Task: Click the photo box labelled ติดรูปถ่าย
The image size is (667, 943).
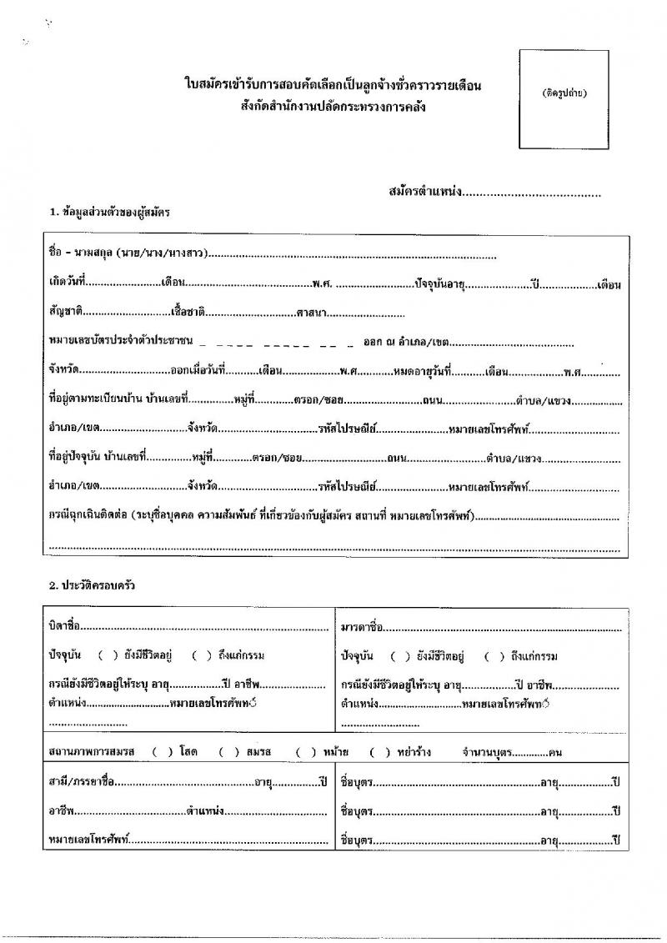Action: tap(561, 96)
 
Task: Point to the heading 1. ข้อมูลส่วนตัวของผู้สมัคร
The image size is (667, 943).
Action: tap(110, 213)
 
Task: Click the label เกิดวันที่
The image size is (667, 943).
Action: tap(68, 284)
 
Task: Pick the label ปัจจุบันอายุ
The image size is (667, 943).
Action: tap(440, 284)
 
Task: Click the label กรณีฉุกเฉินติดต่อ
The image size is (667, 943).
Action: tap(86, 518)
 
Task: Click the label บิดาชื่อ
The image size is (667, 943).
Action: tap(65, 626)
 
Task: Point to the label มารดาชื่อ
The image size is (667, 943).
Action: tap(362, 626)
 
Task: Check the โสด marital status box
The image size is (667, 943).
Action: tap(160, 751)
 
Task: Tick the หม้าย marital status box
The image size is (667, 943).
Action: tap(305, 751)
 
